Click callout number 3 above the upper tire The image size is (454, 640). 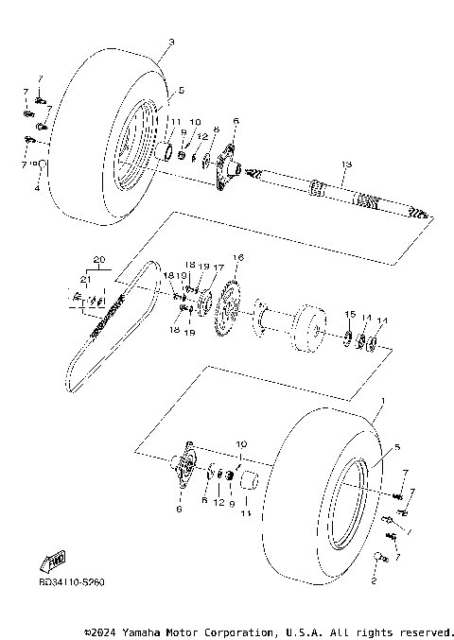coord(171,42)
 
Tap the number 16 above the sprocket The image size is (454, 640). coord(237,258)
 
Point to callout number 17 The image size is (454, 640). coord(218,268)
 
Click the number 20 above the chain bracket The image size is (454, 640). coord(97,259)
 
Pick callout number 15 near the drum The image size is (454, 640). coord(349,314)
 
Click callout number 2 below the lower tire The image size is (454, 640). coord(373,583)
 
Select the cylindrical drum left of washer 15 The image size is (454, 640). coord(306,326)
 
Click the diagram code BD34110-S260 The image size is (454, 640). coord(72,581)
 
